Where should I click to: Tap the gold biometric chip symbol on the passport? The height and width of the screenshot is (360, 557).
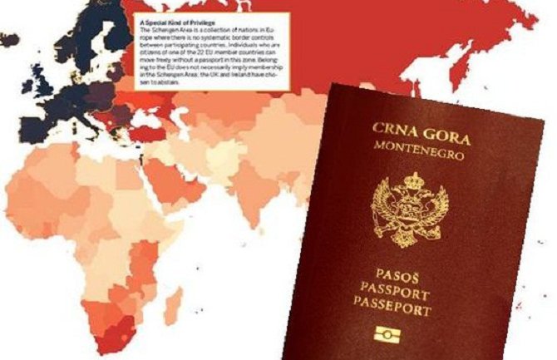(385, 335)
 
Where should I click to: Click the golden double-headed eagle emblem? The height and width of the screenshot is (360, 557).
(409, 212)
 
